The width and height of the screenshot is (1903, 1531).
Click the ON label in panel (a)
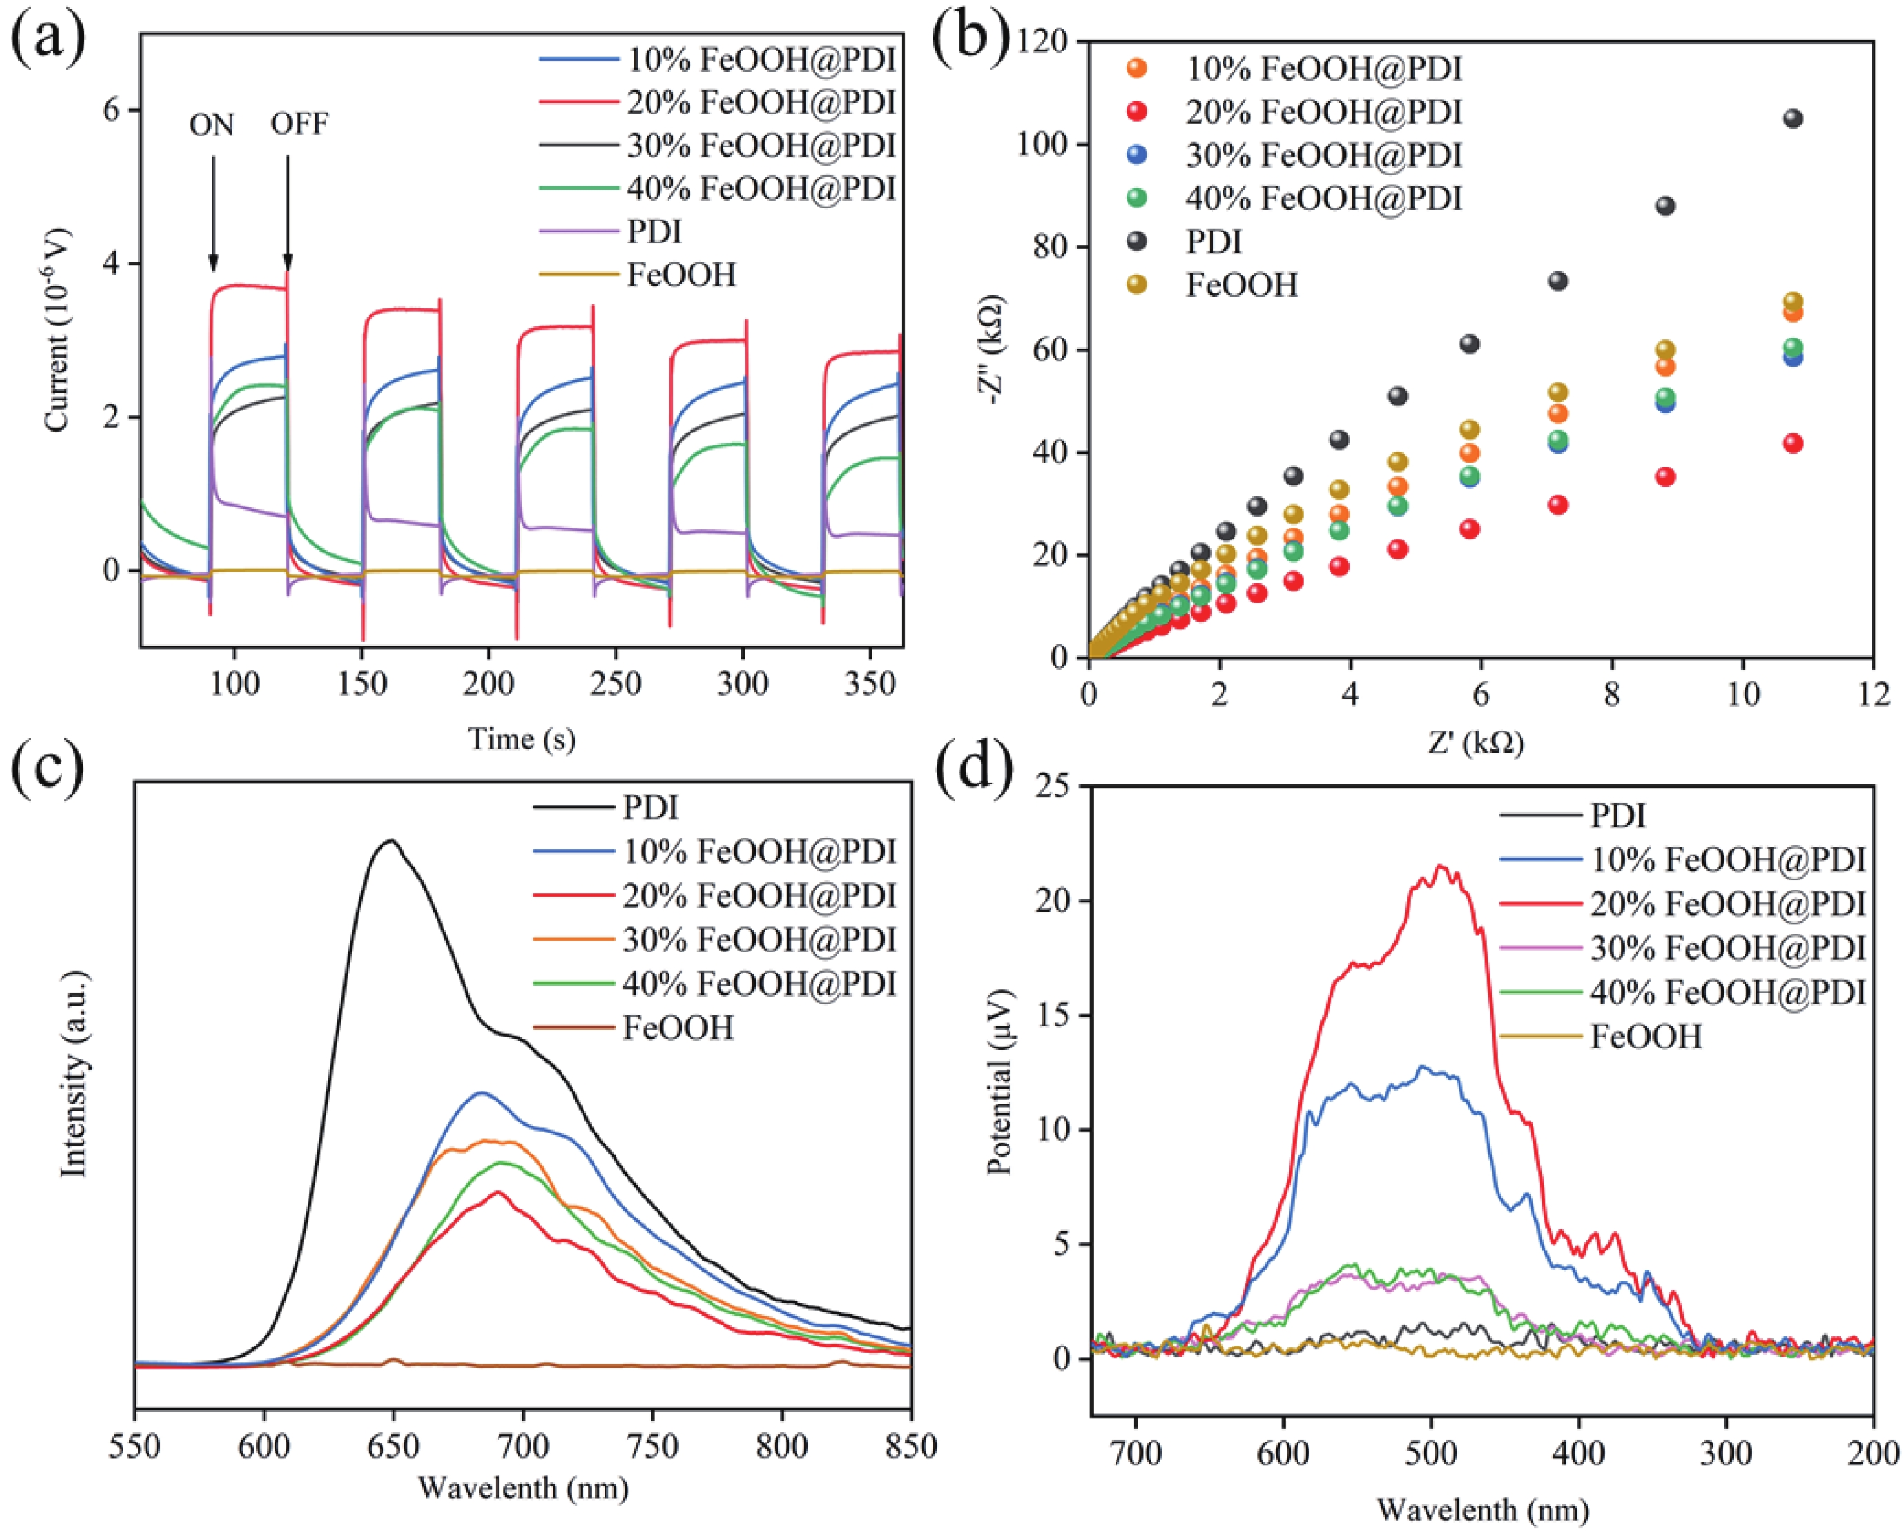click(x=212, y=125)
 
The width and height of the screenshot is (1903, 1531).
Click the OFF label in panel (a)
click(x=299, y=124)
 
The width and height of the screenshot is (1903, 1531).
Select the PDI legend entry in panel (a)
click(x=654, y=232)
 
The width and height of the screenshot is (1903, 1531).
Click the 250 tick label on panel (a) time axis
click(x=615, y=683)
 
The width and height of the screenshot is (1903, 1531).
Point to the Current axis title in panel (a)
click(x=57, y=331)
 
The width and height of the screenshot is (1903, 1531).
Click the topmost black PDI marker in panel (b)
click(x=1793, y=118)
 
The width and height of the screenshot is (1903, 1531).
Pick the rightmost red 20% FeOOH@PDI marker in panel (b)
click(x=1793, y=444)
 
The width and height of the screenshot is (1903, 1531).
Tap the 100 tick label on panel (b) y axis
click(x=1041, y=143)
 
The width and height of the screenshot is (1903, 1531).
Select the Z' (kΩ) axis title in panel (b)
click(x=1477, y=743)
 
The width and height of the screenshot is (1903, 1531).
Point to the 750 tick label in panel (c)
click(x=653, y=1446)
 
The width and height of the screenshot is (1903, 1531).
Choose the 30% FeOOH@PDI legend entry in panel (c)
click(x=759, y=940)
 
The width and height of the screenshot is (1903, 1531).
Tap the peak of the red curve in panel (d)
click(x=1440, y=866)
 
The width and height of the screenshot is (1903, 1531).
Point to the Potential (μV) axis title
click(x=1000, y=1082)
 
